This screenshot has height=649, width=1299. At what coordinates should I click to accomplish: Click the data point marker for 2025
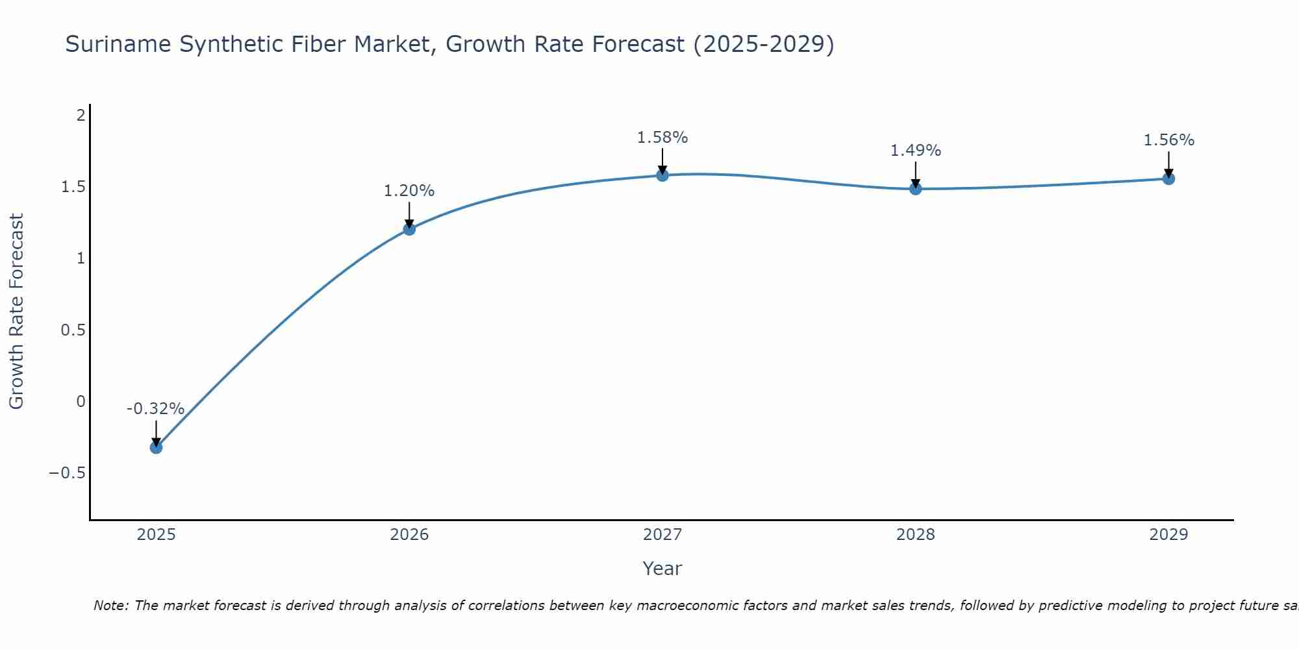point(156,447)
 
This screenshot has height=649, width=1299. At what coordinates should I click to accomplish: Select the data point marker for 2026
point(409,229)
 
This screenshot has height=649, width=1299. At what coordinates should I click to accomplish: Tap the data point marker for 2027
point(662,175)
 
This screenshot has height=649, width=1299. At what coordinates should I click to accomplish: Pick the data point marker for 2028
point(916,189)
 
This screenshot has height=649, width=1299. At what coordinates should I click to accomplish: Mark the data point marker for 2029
point(1168,178)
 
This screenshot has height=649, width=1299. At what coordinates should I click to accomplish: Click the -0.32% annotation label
point(155,409)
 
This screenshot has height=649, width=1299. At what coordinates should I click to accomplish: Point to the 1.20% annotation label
point(409,191)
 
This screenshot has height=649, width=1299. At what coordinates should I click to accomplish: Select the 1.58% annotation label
point(662,138)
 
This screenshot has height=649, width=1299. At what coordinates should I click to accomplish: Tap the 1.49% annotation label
point(915,151)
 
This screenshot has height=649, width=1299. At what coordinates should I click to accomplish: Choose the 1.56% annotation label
point(1168,140)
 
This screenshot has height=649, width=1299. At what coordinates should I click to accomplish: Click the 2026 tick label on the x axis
point(409,535)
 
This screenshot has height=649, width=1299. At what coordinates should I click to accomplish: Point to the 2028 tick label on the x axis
point(916,535)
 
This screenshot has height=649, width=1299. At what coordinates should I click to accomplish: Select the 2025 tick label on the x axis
point(157,535)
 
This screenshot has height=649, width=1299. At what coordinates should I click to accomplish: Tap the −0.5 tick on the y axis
point(68,472)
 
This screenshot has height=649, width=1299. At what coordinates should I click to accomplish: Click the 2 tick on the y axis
point(81,116)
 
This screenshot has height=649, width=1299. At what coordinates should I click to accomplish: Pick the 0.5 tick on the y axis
point(73,330)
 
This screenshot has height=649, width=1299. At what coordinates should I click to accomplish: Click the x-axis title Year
point(662,569)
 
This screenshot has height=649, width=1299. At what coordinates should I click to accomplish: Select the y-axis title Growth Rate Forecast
point(17,311)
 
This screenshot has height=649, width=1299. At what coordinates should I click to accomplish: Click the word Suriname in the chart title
point(118,44)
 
